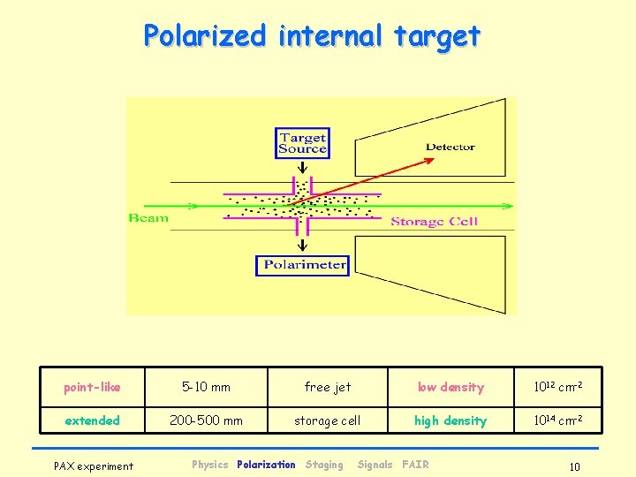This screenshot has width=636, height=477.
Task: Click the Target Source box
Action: pyautogui.click(x=302, y=143)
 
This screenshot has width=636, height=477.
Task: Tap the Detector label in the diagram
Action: pyautogui.click(x=450, y=148)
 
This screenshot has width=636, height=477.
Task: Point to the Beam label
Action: pyautogui.click(x=148, y=217)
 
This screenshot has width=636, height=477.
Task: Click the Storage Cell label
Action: pyautogui.click(x=434, y=222)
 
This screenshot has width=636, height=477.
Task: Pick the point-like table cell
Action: pyautogui.click(x=92, y=387)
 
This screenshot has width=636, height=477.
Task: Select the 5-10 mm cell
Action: pyautogui.click(x=206, y=387)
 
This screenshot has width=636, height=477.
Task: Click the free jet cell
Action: pyautogui.click(x=327, y=387)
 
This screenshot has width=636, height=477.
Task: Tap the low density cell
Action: pyautogui.click(x=450, y=387)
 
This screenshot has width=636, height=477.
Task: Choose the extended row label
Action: pyautogui.click(x=92, y=420)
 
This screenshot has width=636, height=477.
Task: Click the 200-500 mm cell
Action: pyautogui.click(x=206, y=420)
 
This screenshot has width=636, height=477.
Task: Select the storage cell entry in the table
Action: pyautogui.click(x=327, y=420)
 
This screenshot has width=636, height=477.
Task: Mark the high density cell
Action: pyautogui.click(x=450, y=420)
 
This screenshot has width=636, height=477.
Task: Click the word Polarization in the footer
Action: pyautogui.click(x=266, y=465)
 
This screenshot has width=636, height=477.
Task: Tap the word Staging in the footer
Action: pyautogui.click(x=324, y=465)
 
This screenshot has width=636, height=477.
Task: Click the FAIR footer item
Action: pyautogui.click(x=415, y=465)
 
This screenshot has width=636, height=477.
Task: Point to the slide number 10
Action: pyautogui.click(x=574, y=466)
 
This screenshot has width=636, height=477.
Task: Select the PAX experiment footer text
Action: pyautogui.click(x=94, y=466)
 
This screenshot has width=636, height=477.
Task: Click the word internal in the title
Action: pyautogui.click(x=329, y=36)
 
